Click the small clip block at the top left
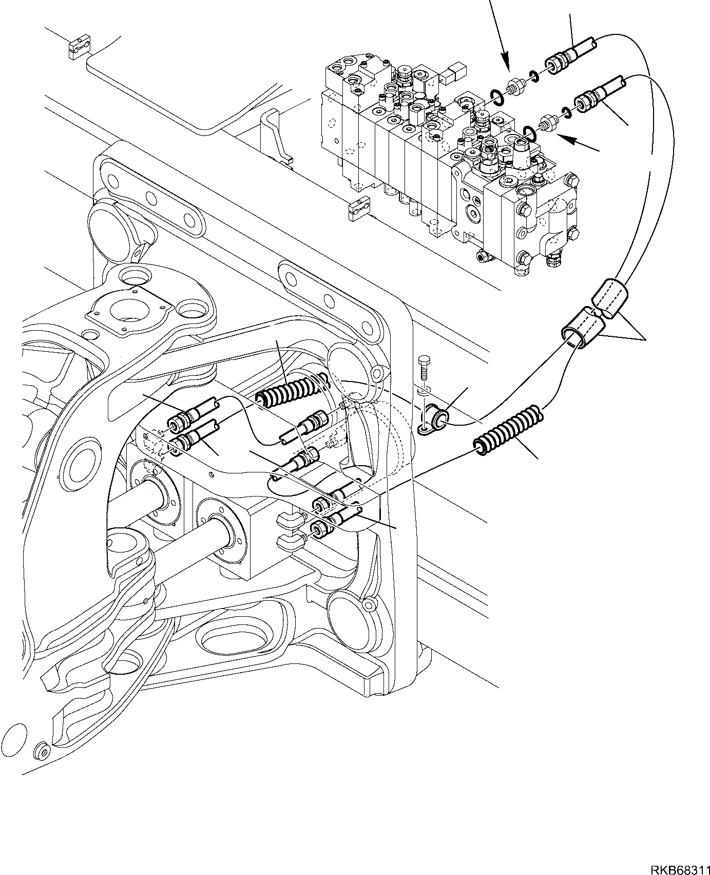click(80, 47)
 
